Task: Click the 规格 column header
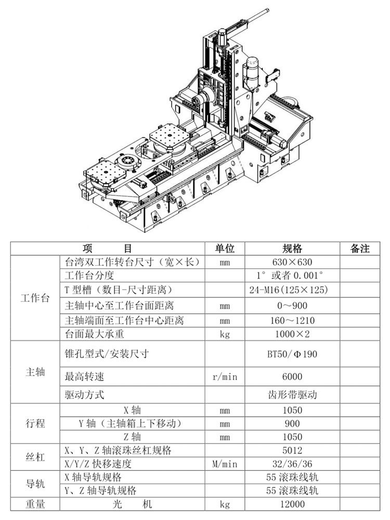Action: [292, 249]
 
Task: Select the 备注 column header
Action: [360, 249]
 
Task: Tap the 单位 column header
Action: [225, 249]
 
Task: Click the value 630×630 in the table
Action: [292, 262]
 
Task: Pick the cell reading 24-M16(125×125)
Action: [289, 290]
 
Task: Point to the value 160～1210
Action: [292, 320]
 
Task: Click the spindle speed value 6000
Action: [292, 376]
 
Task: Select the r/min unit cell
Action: [225, 376]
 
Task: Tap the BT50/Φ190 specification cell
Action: [292, 354]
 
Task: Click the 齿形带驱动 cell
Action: [292, 395]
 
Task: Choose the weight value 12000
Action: [292, 504]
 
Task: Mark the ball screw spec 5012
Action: [292, 450]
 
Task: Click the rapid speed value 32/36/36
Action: [292, 464]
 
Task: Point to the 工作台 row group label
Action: [35, 298]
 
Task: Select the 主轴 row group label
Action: [35, 372]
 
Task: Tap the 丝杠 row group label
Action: [35, 457]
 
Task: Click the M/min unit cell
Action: [225, 464]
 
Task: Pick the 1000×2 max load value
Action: [292, 334]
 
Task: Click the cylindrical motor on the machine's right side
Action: [251, 73]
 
